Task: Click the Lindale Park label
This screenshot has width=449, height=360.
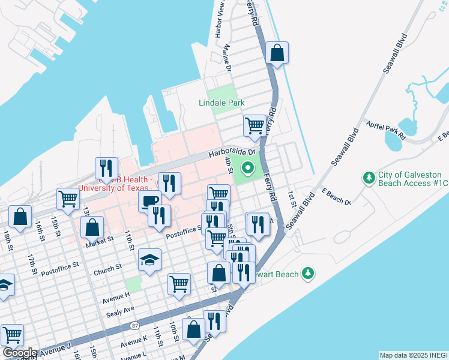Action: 221,103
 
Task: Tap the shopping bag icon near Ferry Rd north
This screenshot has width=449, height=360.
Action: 277,53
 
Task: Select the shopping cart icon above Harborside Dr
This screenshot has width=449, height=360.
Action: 255,126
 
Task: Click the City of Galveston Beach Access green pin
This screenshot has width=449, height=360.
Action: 369,178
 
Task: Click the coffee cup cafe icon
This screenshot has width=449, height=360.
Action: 149,201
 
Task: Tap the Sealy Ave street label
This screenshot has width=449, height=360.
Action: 120,310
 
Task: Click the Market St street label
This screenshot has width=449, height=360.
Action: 100,240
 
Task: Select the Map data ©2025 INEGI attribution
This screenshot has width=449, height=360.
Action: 414,355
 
